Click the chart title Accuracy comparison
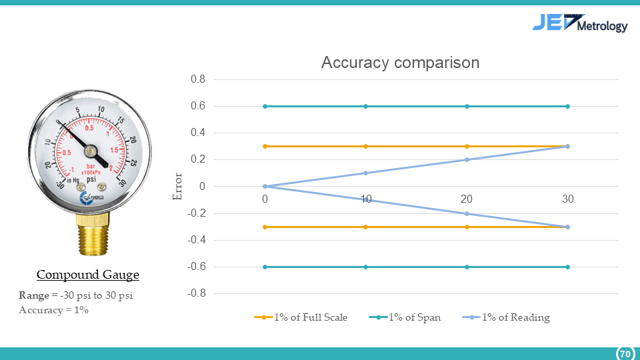click(400, 63)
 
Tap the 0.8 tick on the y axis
click(199, 79)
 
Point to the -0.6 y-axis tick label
click(197, 267)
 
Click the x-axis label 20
click(467, 199)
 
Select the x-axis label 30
click(567, 199)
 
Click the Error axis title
click(177, 187)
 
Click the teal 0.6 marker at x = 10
click(366, 106)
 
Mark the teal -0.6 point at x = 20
click(467, 267)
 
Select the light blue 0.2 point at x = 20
click(467, 159)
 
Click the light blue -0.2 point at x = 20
click(467, 213)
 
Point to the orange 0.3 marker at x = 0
click(265, 146)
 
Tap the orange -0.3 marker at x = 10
click(366, 227)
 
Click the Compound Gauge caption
click(87, 275)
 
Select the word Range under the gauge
click(34, 295)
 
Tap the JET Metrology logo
click(579, 24)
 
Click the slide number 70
click(625, 353)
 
